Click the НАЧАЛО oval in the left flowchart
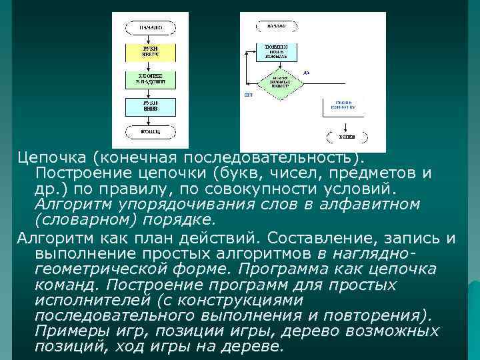[x=150, y=28]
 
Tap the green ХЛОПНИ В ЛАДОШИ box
[x=150, y=80]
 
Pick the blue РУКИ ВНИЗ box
[x=150, y=106]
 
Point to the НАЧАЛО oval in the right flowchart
[x=277, y=27]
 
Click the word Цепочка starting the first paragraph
[x=52, y=157]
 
